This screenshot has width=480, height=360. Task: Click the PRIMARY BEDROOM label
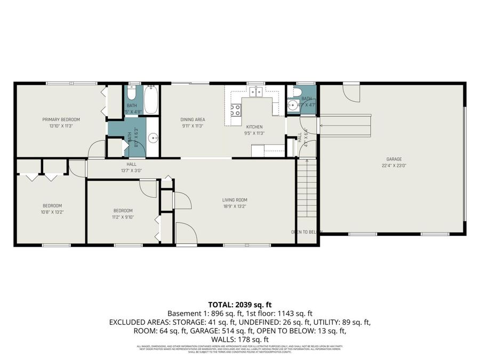[x=61, y=119]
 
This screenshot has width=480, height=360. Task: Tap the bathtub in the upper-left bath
[x=151, y=100]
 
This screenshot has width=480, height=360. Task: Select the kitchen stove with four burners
[x=235, y=110]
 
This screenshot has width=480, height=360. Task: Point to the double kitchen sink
[x=256, y=93]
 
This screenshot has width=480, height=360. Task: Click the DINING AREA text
[x=193, y=119]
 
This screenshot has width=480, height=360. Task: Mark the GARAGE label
[x=394, y=159]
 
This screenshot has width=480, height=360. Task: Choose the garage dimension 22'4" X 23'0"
[x=394, y=165]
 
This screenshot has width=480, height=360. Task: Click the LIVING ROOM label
[x=235, y=200]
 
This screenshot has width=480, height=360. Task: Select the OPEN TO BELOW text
[x=307, y=232]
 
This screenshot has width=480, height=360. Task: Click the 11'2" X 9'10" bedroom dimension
[x=122, y=217]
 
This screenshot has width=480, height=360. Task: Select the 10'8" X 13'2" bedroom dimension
[x=52, y=212]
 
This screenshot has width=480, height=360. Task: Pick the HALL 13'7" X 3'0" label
[x=131, y=167]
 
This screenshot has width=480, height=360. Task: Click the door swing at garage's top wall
[x=352, y=93]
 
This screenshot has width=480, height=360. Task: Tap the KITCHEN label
[x=254, y=127]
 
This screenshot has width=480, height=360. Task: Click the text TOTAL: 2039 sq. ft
[x=239, y=305]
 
